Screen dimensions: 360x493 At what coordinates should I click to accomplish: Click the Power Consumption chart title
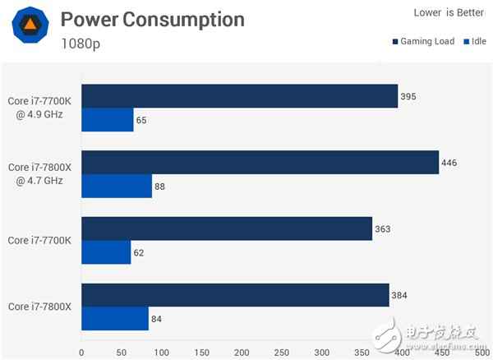point(152,20)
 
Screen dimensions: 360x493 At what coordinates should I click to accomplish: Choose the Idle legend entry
point(476,40)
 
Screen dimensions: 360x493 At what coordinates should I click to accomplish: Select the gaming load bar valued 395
point(239,96)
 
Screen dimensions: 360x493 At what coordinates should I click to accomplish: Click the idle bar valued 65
point(108,120)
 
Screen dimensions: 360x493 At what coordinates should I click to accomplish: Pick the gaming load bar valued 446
point(260,162)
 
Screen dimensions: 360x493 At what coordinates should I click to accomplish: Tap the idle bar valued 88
point(117,186)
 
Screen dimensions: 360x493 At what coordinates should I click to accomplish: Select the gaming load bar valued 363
point(227,228)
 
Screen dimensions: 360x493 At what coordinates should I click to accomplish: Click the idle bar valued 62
point(106,252)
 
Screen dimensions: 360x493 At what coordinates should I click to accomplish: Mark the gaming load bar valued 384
point(235,294)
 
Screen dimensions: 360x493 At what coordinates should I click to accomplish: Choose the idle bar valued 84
point(115,318)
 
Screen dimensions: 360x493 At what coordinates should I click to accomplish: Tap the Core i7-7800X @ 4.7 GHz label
point(40,173)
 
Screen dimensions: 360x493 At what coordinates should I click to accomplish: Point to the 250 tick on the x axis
point(242,353)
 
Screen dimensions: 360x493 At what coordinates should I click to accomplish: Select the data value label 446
point(449,162)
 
